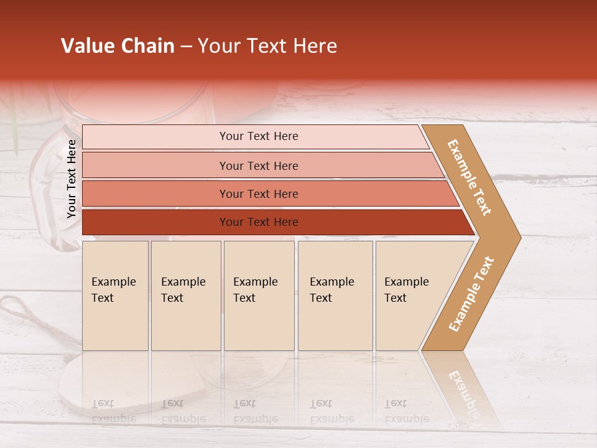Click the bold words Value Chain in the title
pos(118,46)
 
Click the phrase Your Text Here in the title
pos(267,46)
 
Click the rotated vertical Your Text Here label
pos(72,179)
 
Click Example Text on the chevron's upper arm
pos(470,177)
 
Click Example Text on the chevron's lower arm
pos(471,294)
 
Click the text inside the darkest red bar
pos(259,222)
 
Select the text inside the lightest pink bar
pos(259,136)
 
